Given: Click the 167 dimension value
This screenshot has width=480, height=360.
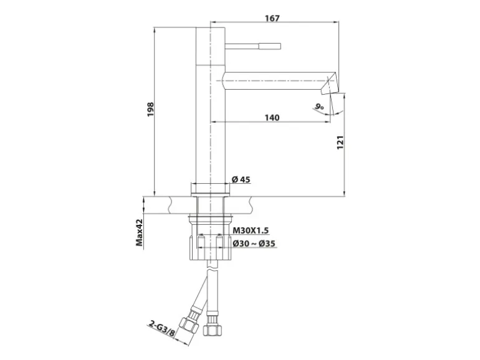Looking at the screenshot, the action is pos(272,18).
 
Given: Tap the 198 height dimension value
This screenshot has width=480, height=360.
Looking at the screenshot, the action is pos(151,109).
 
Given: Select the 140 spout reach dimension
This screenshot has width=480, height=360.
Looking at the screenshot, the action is pos(272,118).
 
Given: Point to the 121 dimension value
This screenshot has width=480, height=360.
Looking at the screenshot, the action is pos(340,142).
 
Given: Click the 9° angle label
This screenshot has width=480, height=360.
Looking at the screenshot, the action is pos(319,107).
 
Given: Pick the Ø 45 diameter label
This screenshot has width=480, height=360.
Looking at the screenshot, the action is pos(241,179).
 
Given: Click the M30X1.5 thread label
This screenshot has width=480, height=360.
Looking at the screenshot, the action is pos(251,230).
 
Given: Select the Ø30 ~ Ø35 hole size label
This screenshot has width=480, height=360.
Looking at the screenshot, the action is pos(254,244).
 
